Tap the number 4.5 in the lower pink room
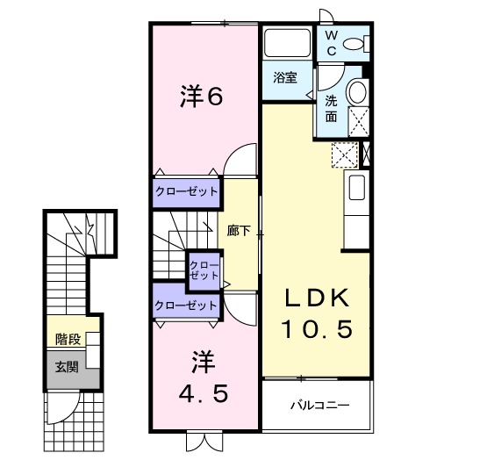tap(205, 393)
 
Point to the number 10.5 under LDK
tap(317, 330)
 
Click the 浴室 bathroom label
tap(284, 78)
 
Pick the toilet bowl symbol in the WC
tap(354, 43)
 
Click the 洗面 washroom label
tap(332, 107)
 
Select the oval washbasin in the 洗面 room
tap(356, 92)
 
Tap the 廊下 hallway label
tap(239, 232)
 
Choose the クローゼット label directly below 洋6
tap(186, 192)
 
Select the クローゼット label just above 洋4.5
tap(186, 305)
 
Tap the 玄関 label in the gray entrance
tap(66, 366)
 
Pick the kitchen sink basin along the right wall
tap(357, 188)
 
